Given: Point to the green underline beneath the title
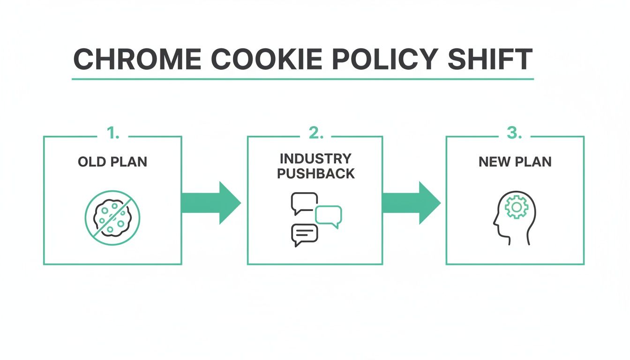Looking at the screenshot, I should pos(302,79).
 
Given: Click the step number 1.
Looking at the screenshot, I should pos(112,134).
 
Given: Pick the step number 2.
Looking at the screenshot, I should pos(315,134).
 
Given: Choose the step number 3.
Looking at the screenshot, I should pos(514,134).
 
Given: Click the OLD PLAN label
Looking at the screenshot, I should pos(112,162).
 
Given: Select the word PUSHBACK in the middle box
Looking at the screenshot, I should pos(315,173).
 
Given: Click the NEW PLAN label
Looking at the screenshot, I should pos(515,162).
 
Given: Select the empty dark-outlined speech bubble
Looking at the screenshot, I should pos(304,202).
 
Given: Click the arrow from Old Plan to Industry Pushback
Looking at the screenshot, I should pos(210,203).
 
